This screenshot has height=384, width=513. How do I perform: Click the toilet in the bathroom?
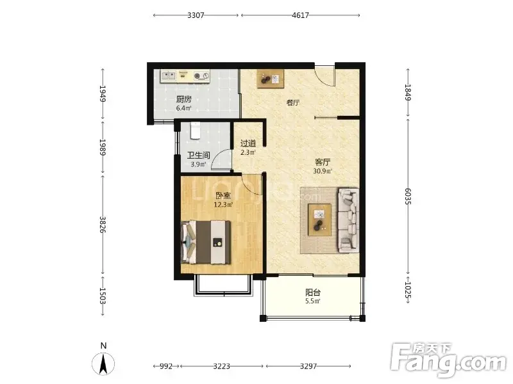(196, 131)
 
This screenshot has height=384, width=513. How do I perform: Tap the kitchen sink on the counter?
(169, 76)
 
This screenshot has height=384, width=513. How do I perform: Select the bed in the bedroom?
(206, 242)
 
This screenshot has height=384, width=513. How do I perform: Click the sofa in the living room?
(348, 220)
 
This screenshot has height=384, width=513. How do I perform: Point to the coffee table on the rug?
(319, 220)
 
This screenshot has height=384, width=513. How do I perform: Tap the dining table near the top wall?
(270, 79)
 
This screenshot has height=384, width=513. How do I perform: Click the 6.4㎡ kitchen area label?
(183, 108)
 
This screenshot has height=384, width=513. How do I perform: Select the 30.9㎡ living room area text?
(323, 171)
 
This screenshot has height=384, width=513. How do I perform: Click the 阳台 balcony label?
(313, 292)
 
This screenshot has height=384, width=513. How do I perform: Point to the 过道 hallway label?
(248, 143)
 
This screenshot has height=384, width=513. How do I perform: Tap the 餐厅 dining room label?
(293, 103)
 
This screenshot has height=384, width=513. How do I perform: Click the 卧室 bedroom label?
(223, 196)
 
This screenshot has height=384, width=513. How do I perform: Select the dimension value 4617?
(300, 15)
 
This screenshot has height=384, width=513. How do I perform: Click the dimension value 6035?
(408, 196)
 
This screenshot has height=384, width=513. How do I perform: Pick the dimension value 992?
(166, 366)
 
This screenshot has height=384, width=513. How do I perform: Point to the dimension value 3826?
(103, 225)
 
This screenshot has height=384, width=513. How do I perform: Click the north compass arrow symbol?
(103, 364)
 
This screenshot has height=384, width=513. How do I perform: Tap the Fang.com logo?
(448, 360)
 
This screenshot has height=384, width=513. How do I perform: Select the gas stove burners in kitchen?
(201, 76)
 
